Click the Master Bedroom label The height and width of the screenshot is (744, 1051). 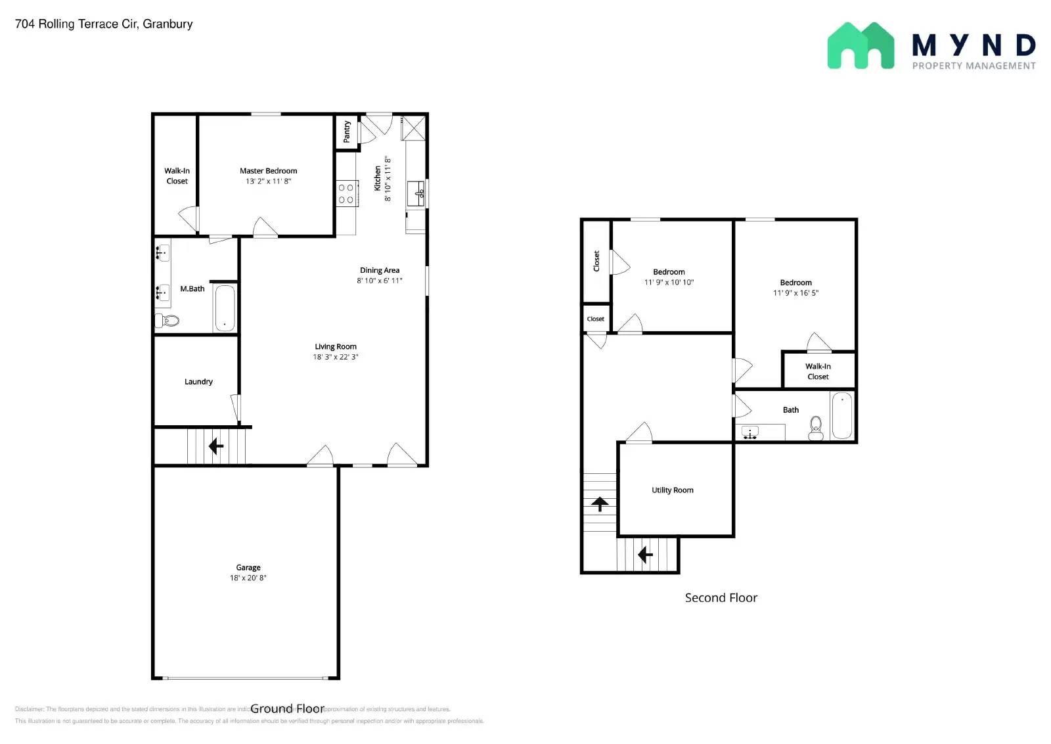point(268,171)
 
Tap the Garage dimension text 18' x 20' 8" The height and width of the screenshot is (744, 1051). point(248,578)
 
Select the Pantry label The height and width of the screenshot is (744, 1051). point(347,131)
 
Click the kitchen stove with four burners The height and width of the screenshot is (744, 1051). point(346,194)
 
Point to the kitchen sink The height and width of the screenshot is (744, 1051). point(416,193)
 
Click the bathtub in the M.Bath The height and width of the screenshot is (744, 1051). point(225,308)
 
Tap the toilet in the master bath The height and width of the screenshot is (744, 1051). point(168,321)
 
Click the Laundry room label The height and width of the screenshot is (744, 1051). point(198,382)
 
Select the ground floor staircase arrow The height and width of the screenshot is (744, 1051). point(215,447)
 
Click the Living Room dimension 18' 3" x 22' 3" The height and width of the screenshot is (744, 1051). point(335,358)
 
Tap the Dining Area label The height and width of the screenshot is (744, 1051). point(379,270)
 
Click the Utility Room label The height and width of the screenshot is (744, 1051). point(672,490)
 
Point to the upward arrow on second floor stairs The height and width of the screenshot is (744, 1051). point(599,504)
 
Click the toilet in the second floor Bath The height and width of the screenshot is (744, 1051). point(816,429)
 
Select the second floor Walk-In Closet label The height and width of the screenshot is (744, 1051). point(818,371)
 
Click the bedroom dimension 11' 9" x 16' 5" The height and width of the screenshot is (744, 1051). point(795,293)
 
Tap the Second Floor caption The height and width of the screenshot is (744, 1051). point(721,598)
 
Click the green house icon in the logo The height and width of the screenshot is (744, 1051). point(860,46)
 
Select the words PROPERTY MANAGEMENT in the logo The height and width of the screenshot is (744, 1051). point(973,66)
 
